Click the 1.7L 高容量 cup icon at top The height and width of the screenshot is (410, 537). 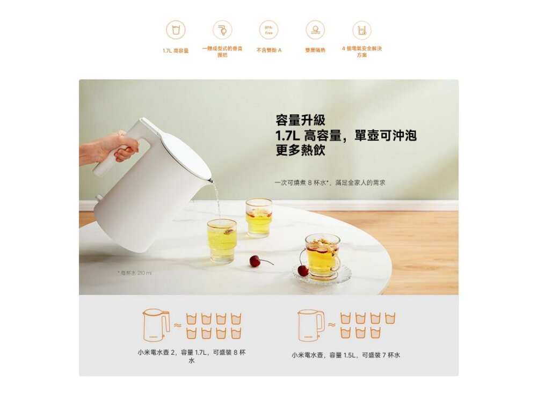tap(176, 30)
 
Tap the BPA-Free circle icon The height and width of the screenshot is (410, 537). tap(268, 30)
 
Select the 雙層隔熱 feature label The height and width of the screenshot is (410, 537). tap(315, 50)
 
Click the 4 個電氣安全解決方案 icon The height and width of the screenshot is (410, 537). tap(361, 30)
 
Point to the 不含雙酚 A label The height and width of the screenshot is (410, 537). tap(268, 50)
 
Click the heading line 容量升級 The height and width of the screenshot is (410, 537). tap(300, 120)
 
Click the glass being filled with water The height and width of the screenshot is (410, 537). tap(222, 239)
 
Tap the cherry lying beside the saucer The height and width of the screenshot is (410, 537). tap(256, 261)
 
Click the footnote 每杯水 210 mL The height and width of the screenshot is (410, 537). tap(135, 274)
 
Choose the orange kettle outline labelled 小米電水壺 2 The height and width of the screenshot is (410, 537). tap(156, 325)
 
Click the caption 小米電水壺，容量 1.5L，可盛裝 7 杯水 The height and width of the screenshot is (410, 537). tap(346, 355)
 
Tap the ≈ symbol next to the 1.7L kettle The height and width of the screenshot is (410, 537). tap(177, 325)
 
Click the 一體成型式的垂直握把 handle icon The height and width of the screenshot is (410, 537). tap(222, 30)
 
